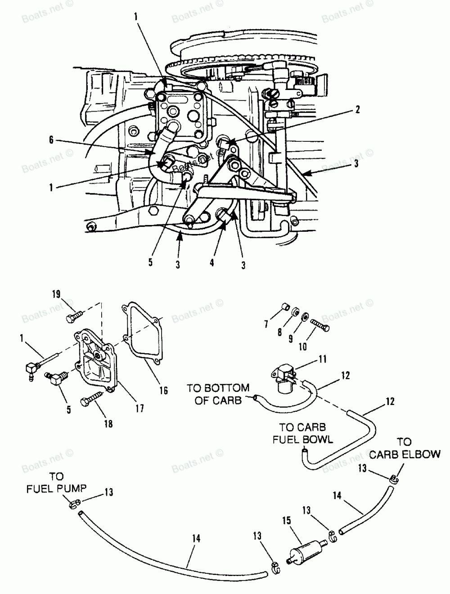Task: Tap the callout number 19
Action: point(56,294)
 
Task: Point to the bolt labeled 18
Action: point(92,398)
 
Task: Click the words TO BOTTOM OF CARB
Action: point(218,394)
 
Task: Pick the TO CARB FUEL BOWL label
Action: point(302,433)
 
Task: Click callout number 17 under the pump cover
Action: point(139,408)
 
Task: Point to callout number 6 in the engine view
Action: point(51,140)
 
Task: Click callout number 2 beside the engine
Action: point(357,110)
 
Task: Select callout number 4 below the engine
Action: point(212,262)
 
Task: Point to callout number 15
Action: point(287,520)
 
